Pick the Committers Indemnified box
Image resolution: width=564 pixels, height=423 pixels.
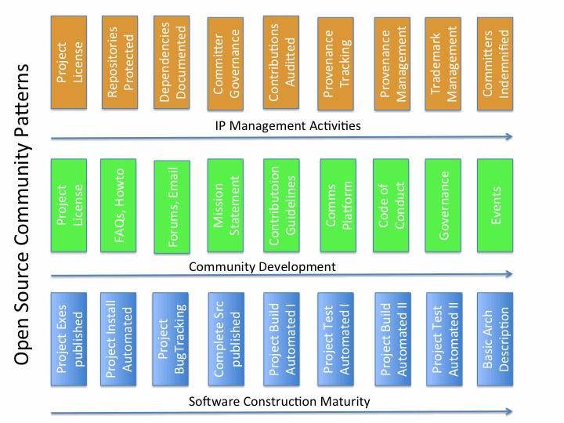pos(497,63)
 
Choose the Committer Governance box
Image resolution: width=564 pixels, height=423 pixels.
pos(228,63)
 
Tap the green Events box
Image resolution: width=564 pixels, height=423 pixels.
pos(497,205)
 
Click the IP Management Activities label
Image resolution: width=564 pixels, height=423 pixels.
pos(287,125)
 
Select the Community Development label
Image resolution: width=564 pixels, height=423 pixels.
pos(262,266)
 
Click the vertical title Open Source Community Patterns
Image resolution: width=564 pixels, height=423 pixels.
pos(23,211)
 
